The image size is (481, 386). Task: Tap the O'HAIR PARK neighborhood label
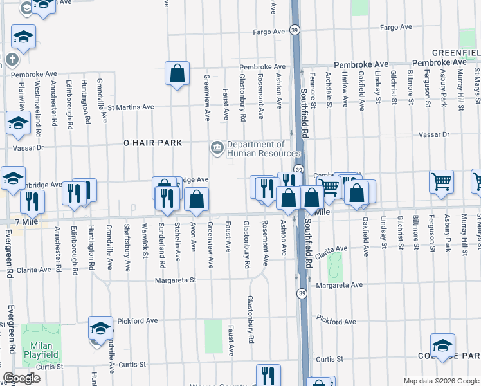154,143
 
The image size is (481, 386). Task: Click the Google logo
21,378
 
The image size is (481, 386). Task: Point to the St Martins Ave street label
131,107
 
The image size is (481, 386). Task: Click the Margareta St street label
174,280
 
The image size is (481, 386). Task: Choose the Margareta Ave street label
340,284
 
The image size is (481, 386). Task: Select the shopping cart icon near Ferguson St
441,182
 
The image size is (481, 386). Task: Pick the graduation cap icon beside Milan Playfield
100,328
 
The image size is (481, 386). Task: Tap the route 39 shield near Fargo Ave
293,30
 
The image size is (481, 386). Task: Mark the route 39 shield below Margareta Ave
301,293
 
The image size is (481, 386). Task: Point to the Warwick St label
145,255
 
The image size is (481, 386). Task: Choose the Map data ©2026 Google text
440,380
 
